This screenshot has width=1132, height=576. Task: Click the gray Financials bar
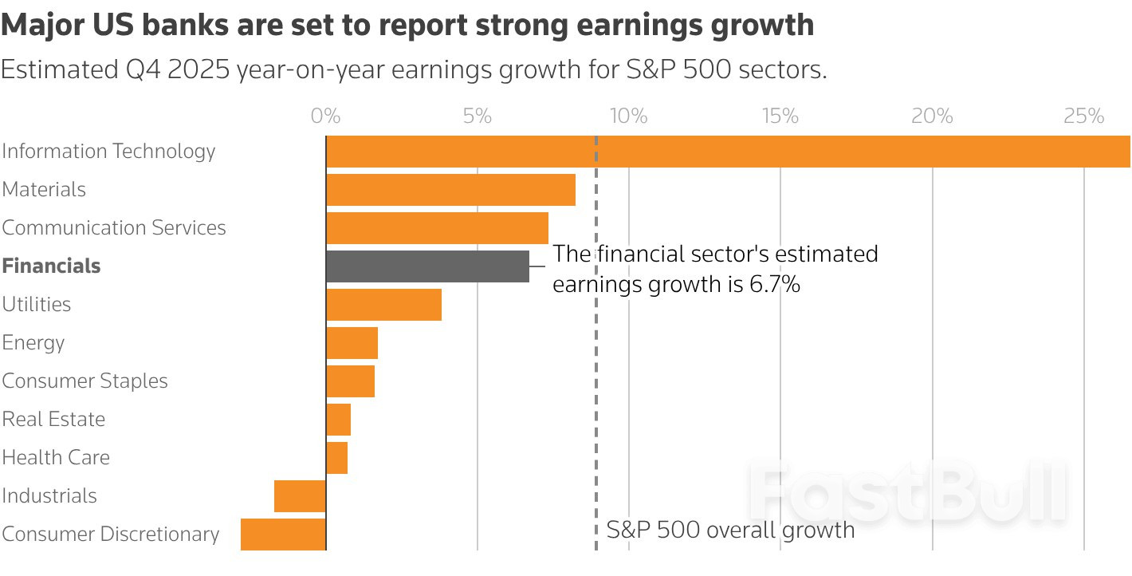click(x=427, y=266)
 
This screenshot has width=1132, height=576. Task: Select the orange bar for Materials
click(x=450, y=190)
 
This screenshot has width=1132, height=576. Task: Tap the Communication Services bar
click(x=437, y=228)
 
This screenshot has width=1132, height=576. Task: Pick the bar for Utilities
click(x=383, y=305)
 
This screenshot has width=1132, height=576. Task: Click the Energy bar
click(x=352, y=343)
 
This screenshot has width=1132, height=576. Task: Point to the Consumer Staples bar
click(x=350, y=381)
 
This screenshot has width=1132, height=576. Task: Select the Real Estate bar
click(x=338, y=420)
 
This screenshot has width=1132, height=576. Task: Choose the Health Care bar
click(x=336, y=458)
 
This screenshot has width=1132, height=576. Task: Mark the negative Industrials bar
click(x=300, y=496)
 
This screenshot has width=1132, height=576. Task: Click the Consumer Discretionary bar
click(x=283, y=535)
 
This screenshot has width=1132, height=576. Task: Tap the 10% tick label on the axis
click(x=628, y=116)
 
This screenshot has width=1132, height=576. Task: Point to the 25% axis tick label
click(x=1083, y=116)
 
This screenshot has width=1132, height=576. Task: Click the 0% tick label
click(x=325, y=116)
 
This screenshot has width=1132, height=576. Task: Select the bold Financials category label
click(x=51, y=266)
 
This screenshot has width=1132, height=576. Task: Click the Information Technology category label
click(x=108, y=152)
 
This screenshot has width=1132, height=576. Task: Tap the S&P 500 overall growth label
click(x=730, y=530)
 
